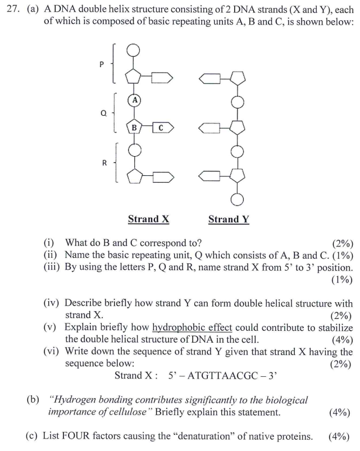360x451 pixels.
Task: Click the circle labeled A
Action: point(135,100)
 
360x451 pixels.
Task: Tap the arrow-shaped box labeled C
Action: point(161,127)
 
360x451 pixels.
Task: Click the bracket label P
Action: point(102,64)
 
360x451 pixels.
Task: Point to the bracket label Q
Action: point(103,112)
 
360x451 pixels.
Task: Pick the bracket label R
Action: point(104,163)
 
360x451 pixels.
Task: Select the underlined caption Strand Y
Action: point(229,219)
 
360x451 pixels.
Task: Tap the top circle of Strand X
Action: point(134,50)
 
